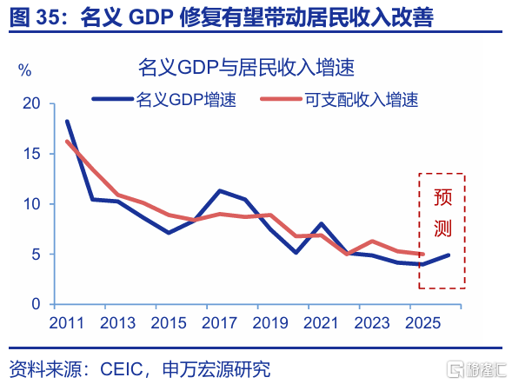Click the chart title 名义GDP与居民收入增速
coord(246,67)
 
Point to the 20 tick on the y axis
coord(31,103)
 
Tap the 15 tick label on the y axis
coord(31,154)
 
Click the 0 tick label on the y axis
coord(36,304)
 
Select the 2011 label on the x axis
coord(67,323)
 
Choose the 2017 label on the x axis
coord(219,323)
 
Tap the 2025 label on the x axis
coord(422,323)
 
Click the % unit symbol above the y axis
coord(25,70)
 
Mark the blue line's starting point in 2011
coord(67,122)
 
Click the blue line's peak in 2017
coord(220,190)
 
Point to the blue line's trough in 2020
coord(296,252)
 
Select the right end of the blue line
coord(449,255)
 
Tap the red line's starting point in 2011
coord(67,142)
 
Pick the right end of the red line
coord(422,254)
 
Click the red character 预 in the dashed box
coord(442,197)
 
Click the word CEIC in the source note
coord(122,369)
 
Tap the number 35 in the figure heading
coord(47,17)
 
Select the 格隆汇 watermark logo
coord(476,369)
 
